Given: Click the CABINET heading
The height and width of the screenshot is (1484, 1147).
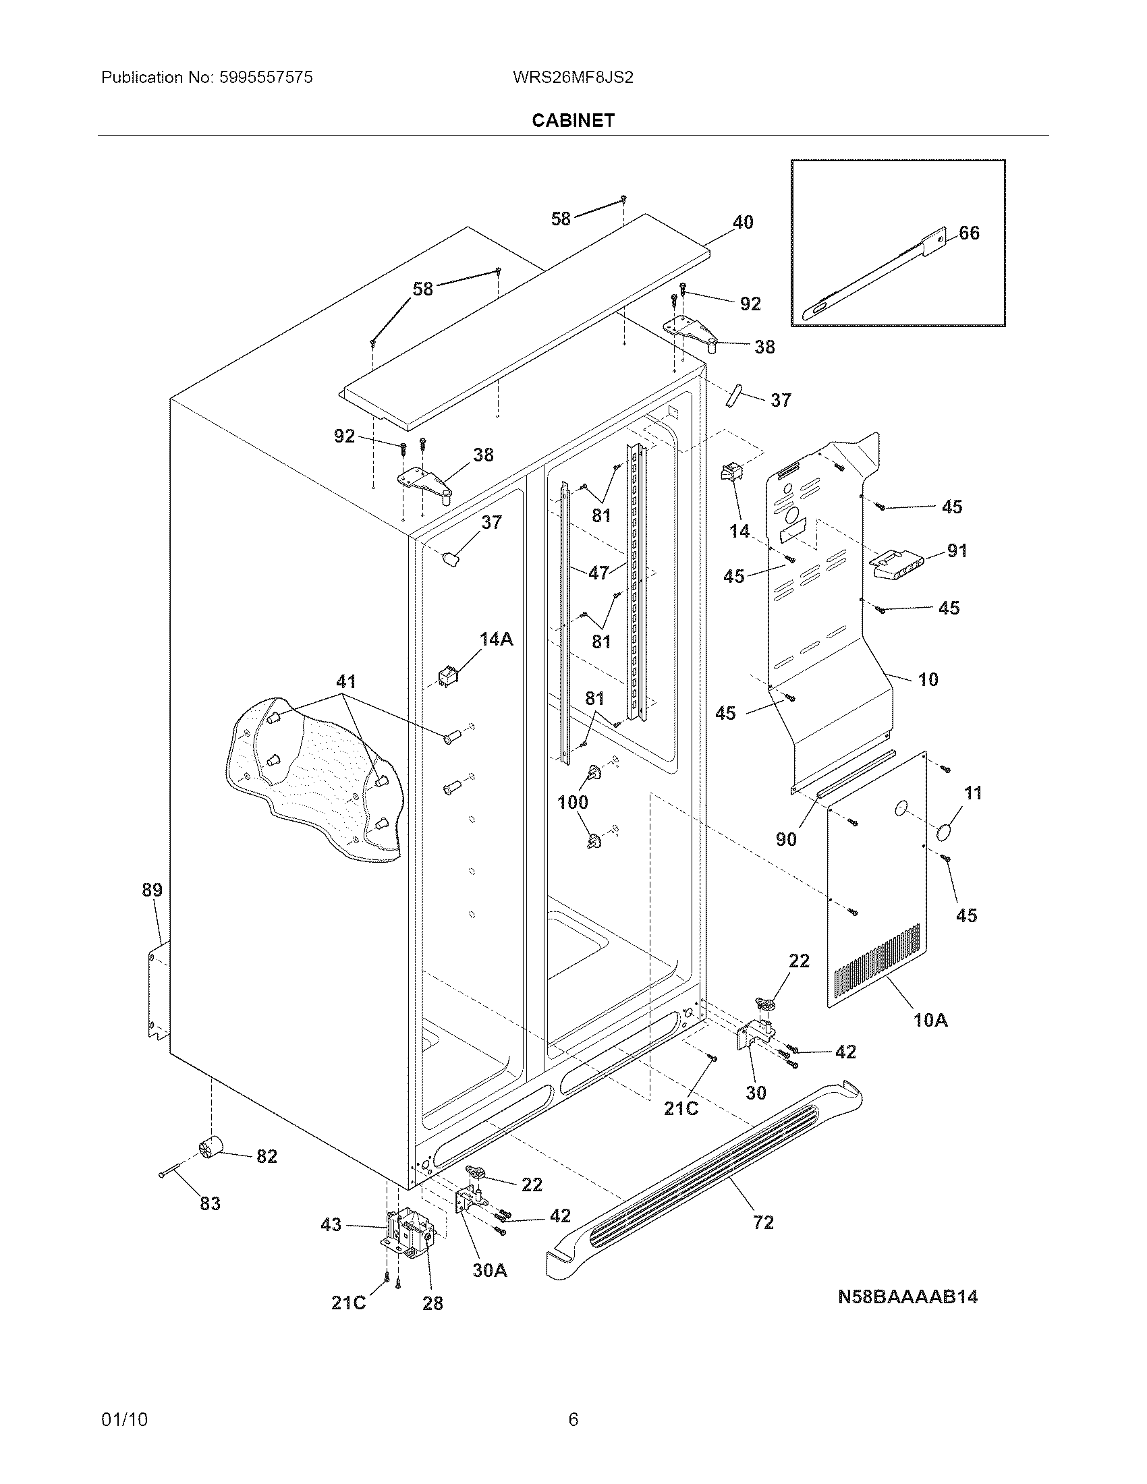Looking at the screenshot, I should [573, 120].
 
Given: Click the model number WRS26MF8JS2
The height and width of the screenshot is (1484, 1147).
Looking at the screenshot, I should [573, 78].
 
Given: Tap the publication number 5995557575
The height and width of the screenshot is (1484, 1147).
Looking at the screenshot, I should [266, 78].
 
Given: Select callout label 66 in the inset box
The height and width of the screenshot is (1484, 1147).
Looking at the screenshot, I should [969, 233].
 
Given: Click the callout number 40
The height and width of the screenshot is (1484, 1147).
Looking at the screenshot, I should [743, 222].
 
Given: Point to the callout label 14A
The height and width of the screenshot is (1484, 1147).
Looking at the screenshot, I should [496, 639].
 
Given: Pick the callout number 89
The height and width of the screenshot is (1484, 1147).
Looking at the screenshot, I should [152, 890].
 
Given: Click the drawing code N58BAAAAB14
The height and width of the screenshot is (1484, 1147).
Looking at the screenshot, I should [907, 1296].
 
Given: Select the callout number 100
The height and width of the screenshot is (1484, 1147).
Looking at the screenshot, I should [572, 803].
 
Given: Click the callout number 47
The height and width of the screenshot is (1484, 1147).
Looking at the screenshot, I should [598, 573].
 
